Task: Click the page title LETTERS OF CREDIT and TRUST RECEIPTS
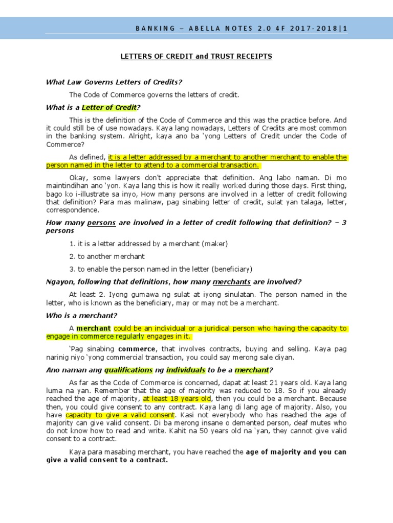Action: [x=196, y=56]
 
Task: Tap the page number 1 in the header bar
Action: [x=345, y=29]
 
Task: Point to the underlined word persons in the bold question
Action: [x=101, y=223]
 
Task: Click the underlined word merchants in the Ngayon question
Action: [x=231, y=282]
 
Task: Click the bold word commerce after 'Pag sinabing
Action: [x=140, y=349]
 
